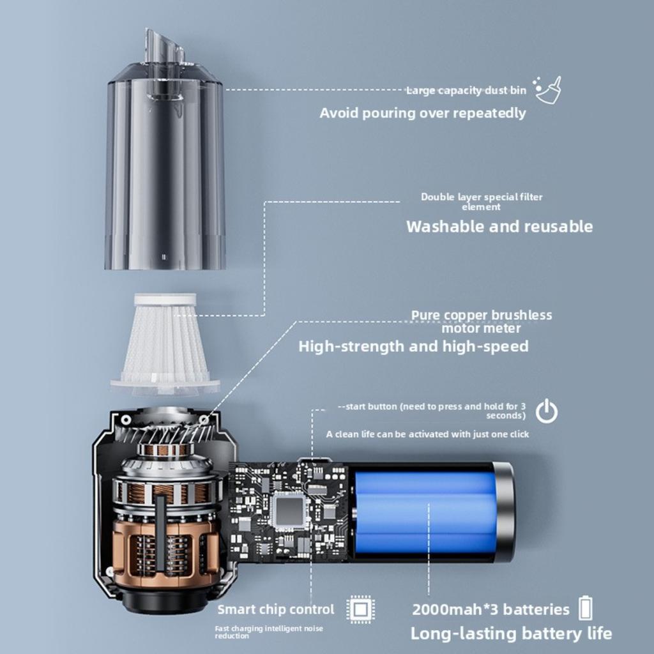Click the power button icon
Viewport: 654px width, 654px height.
(546, 411)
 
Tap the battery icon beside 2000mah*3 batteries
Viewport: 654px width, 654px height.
(584, 608)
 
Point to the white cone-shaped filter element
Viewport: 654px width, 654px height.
(165, 342)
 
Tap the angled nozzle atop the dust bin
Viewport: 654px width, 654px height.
(163, 46)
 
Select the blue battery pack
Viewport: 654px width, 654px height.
(425, 512)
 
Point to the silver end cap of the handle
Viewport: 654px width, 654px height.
(505, 512)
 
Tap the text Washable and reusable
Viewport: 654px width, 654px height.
(499, 227)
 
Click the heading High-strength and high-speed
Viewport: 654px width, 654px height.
(413, 347)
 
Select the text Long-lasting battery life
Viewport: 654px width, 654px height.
(510, 634)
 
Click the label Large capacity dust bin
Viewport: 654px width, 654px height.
(466, 91)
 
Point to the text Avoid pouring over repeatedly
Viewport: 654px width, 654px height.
(422, 113)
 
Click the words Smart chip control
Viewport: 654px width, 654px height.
(275, 609)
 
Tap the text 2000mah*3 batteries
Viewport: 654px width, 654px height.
(490, 609)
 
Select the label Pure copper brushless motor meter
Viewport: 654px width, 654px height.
(481, 321)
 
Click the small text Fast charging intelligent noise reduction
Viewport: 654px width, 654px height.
(268, 632)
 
